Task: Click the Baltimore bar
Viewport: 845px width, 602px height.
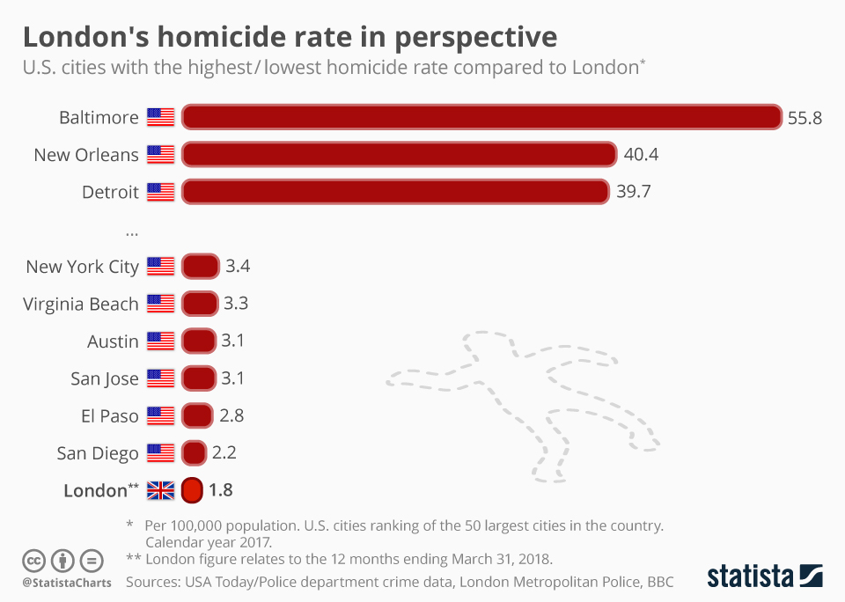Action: click(481, 117)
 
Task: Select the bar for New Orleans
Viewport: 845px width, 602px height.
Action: click(399, 155)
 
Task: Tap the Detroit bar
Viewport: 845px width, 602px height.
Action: click(395, 192)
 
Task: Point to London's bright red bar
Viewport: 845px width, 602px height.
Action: click(192, 490)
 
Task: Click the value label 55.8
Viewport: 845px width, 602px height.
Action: click(805, 118)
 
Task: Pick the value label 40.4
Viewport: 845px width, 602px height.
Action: click(641, 155)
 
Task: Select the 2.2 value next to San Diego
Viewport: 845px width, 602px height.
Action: click(224, 453)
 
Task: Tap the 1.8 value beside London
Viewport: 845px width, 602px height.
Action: click(221, 490)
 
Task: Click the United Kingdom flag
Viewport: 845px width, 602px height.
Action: click(160, 490)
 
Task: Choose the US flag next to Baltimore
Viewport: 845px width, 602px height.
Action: click(160, 117)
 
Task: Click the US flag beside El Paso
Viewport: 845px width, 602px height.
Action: click(160, 415)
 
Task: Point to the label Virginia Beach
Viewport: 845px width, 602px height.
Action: click(81, 305)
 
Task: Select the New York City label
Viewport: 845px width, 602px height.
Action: click(82, 267)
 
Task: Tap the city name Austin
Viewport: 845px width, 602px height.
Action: click(113, 341)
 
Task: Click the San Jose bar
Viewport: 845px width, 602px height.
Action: click(199, 378)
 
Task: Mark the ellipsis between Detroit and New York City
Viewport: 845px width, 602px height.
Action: click(132, 232)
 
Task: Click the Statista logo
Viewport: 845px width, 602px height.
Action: click(765, 576)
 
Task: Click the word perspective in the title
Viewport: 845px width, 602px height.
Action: click(475, 38)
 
